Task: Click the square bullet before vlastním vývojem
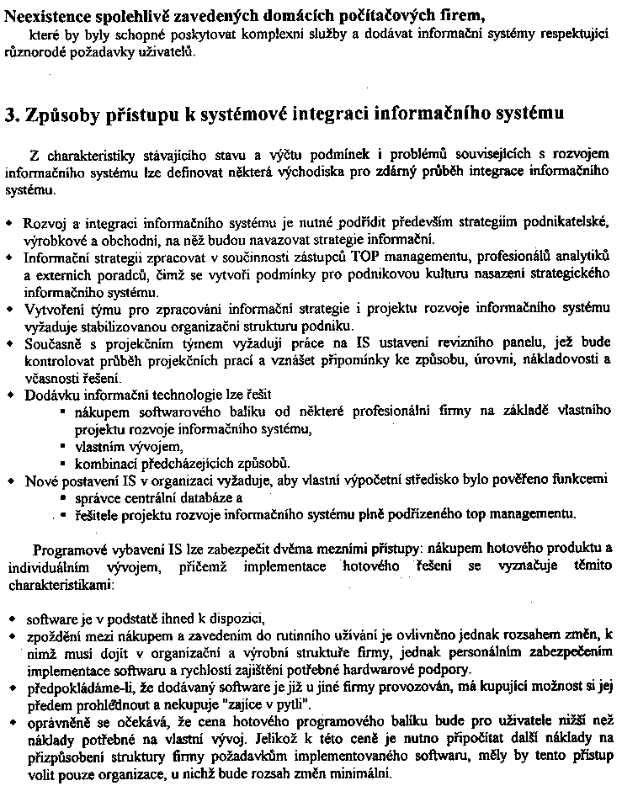coord(63,447)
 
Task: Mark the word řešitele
coord(100,514)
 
